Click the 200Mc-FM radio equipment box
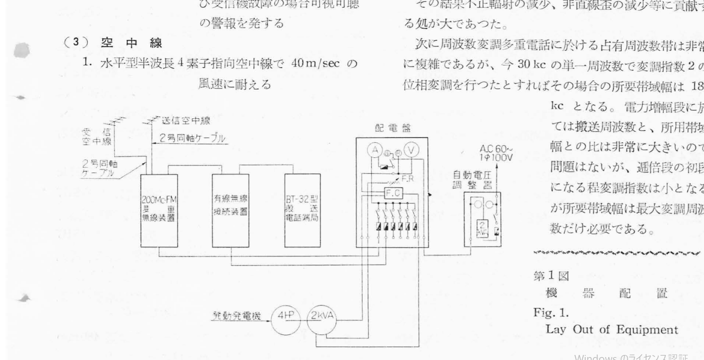coord(159,210)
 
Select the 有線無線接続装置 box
coord(230,210)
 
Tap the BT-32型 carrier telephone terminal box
coord(302,210)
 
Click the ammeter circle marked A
coord(375,150)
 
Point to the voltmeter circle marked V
coord(411,150)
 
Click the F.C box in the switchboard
coord(393,193)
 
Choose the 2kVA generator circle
coord(322,316)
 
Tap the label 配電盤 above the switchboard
coord(393,128)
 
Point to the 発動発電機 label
coord(236,316)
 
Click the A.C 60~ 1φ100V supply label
coord(496,154)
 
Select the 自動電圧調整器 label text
coord(472,180)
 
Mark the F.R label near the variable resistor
coord(408,178)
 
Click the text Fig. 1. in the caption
coord(551,313)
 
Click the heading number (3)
coord(72,43)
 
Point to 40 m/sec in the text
coord(315,64)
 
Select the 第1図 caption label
coord(551,276)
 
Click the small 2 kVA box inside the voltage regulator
coord(482,229)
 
